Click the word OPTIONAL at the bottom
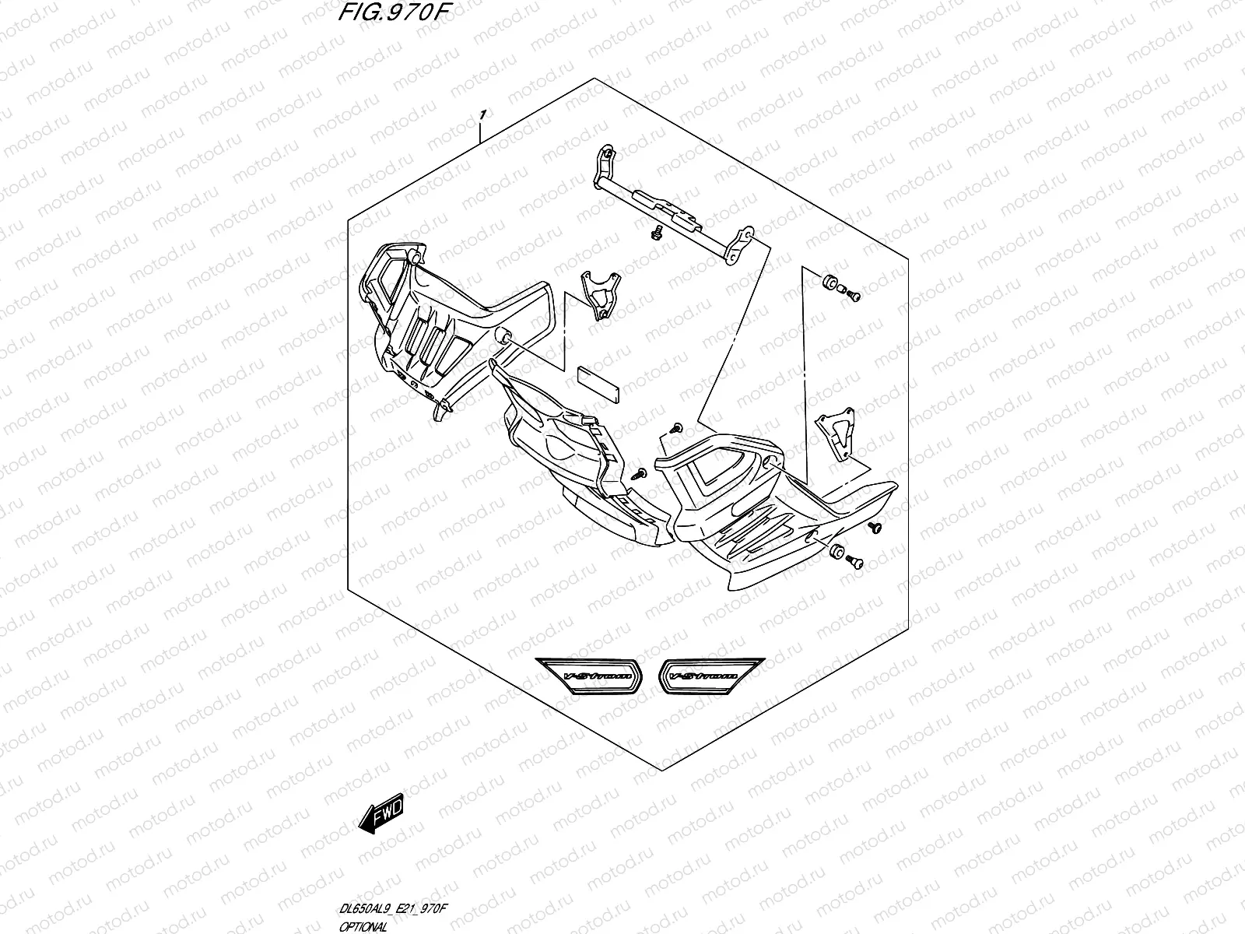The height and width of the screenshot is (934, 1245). pos(361,929)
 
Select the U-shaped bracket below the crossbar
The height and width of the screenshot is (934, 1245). pos(601,294)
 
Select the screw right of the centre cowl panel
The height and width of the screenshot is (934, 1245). pos(642,472)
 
